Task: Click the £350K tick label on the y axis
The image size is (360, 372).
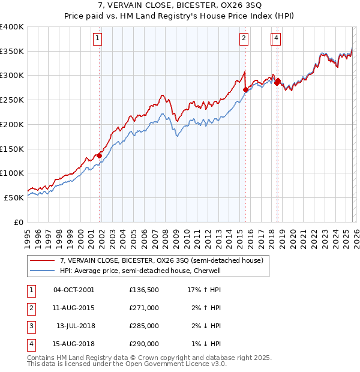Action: [x=11, y=52]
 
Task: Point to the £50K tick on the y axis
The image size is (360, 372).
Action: [x=13, y=197]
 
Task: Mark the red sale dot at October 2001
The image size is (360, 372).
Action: [x=100, y=155]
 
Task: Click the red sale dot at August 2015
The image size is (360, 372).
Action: [x=245, y=90]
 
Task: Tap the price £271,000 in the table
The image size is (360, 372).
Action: [x=144, y=307]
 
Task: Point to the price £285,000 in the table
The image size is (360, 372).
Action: [x=144, y=327]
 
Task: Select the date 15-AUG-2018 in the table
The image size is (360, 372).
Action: [x=74, y=344]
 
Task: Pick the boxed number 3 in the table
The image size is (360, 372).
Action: [x=31, y=327]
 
